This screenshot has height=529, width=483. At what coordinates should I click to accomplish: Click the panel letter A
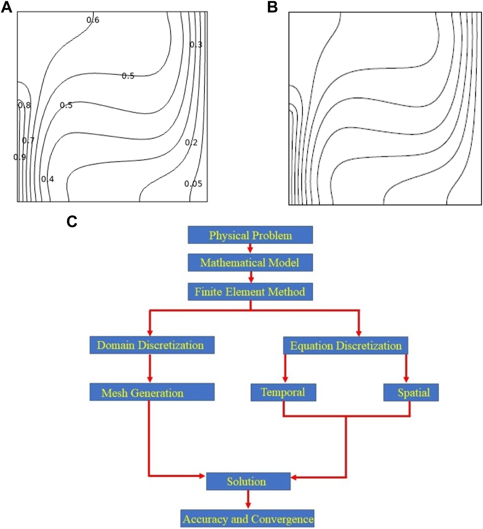7,7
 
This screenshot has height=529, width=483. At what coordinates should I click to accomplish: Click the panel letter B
272,7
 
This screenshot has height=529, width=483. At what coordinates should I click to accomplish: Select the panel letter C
72,221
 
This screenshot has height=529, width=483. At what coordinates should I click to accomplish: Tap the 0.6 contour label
93,20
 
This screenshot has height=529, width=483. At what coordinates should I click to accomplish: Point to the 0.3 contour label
196,45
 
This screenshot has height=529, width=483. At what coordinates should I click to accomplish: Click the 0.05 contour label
193,184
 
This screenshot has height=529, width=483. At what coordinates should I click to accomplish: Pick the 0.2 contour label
191,143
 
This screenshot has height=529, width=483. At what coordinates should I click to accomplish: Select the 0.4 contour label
48,179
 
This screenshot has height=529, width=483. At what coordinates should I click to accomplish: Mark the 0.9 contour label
20,157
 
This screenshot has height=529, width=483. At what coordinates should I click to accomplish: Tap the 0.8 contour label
24,105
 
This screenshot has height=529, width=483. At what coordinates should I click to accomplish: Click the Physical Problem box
250,235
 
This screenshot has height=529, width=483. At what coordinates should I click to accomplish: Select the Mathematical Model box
250,263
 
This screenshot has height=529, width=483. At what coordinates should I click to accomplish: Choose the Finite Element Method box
250,292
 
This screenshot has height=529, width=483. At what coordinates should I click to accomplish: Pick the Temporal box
283,392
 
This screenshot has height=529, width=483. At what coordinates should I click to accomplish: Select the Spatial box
411,393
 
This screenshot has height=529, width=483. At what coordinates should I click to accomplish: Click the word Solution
247,481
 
